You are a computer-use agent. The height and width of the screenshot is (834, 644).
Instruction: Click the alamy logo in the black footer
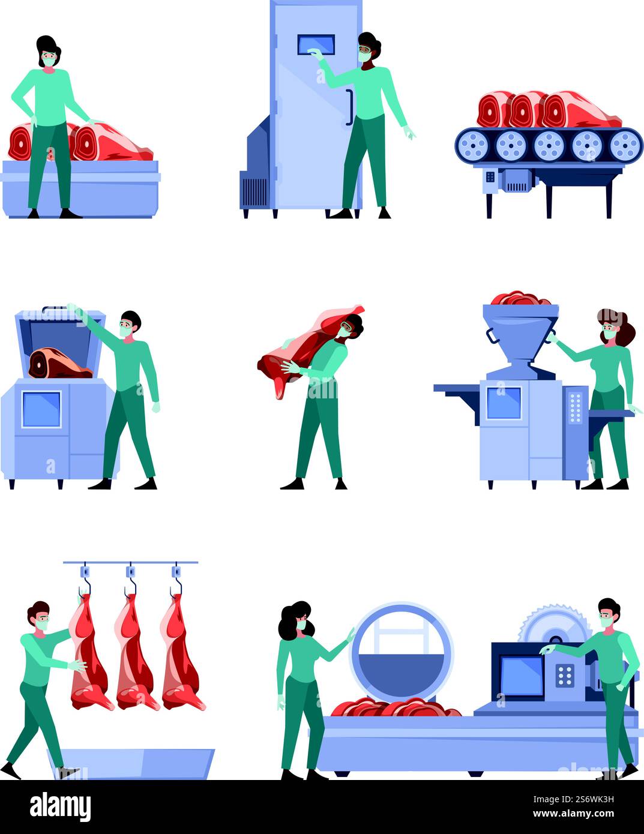(60, 806)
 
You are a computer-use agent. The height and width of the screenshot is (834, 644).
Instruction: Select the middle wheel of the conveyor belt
(549, 146)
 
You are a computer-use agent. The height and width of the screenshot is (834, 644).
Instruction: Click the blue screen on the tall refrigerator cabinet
(316, 45)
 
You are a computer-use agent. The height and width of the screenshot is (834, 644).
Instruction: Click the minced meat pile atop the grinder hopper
(520, 298)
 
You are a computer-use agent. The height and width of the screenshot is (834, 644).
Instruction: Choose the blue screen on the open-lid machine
(41, 409)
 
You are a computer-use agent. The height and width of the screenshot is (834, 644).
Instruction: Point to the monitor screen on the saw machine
(521, 676)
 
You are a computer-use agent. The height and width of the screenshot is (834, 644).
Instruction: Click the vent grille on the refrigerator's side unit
(254, 191)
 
